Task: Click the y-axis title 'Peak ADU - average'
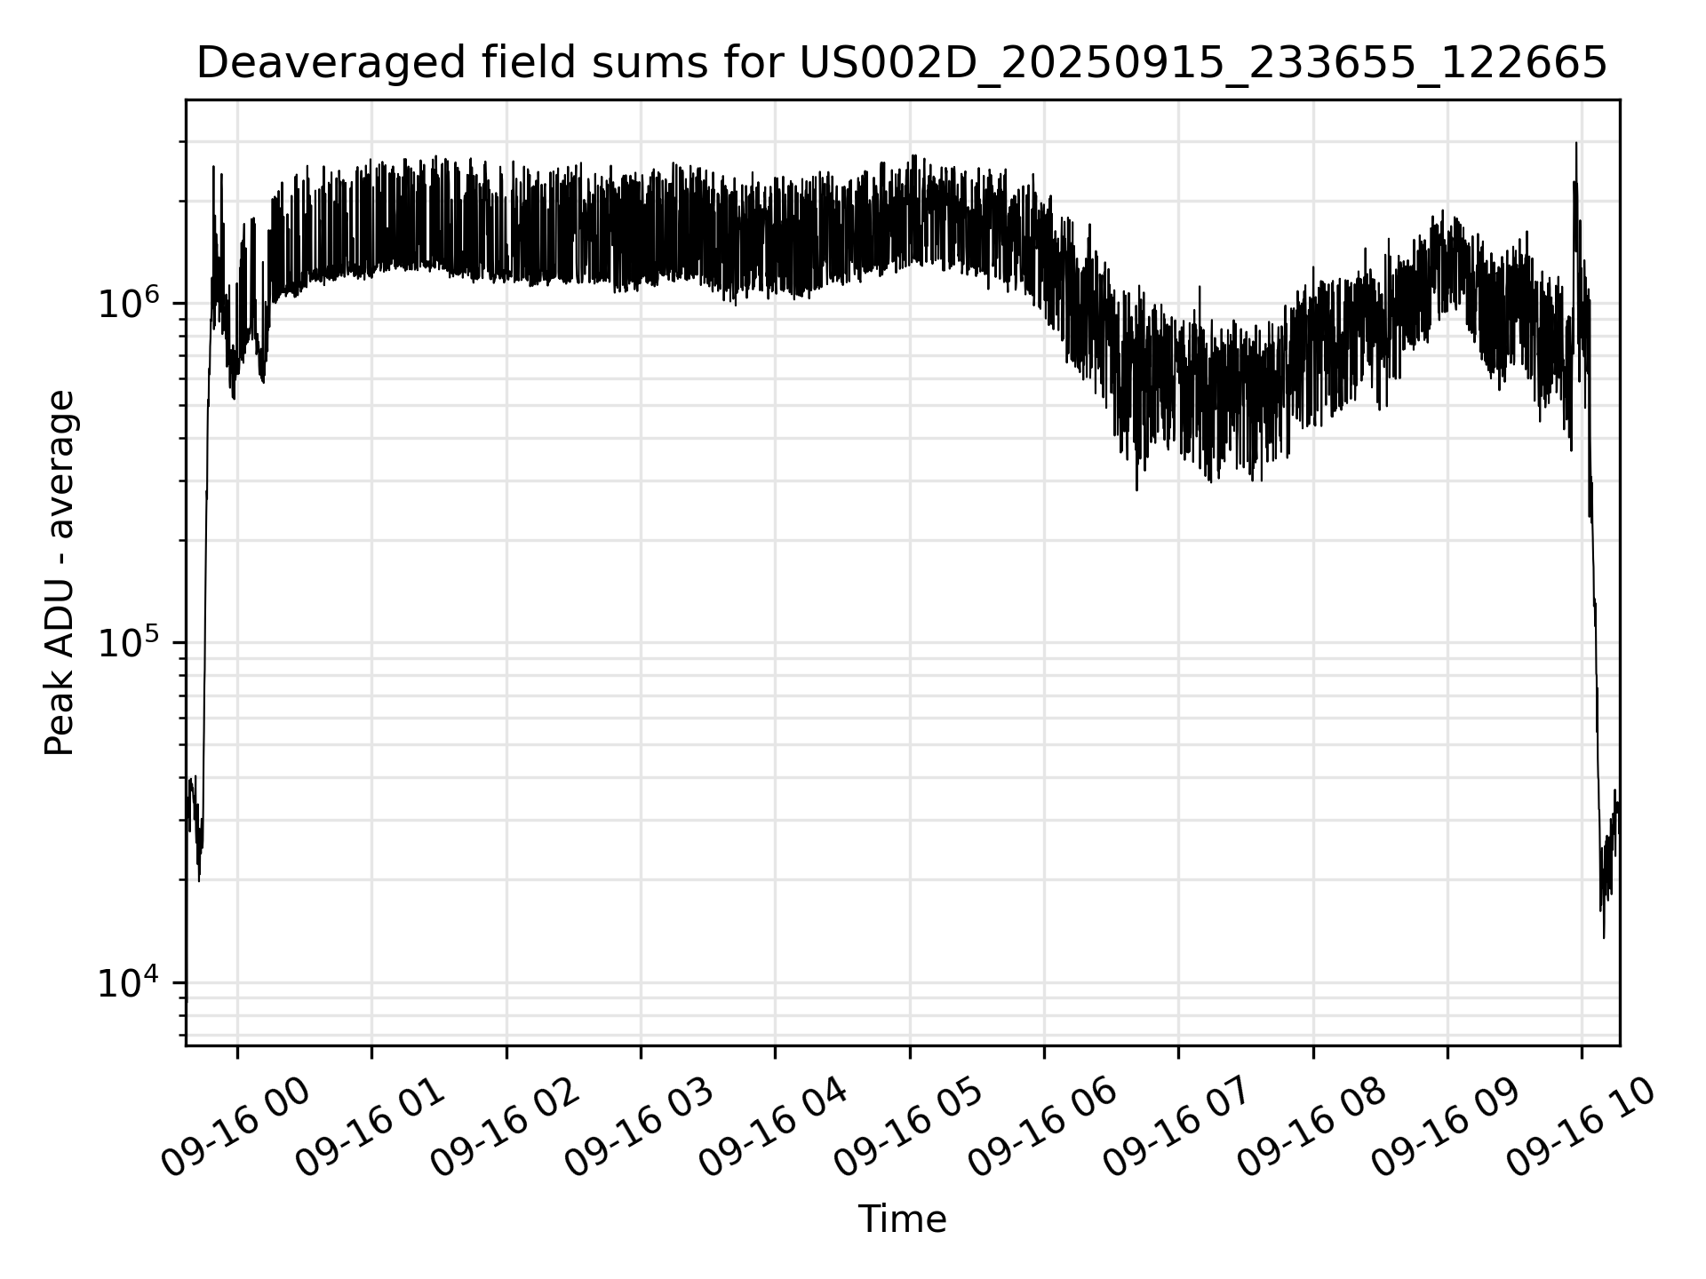60,573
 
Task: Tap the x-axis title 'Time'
902,1219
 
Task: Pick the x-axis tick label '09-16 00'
235,1128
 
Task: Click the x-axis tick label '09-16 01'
370,1128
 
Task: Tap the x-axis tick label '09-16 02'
505,1128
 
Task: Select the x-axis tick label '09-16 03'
639,1128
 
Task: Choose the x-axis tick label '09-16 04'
774,1128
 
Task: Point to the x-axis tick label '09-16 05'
908,1128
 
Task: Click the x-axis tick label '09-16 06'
1042,1128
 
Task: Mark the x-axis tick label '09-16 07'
1177,1128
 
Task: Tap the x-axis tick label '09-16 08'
1311,1128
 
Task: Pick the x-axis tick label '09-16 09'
1446,1128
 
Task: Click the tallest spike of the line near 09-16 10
1576,144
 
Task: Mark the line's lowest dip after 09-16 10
1604,936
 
